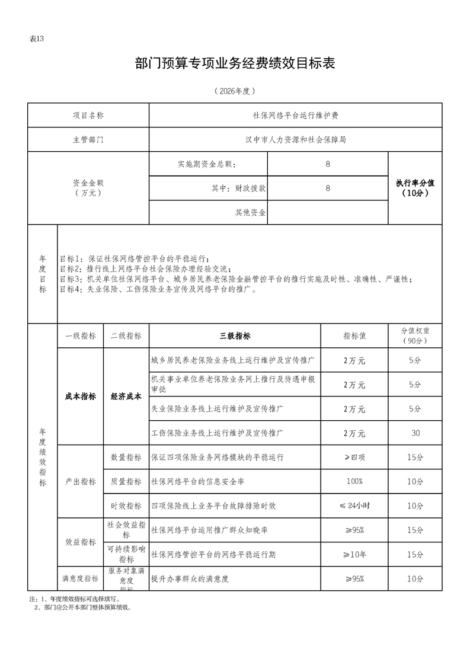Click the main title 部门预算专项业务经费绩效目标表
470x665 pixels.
tap(235, 63)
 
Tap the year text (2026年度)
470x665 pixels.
tap(235, 91)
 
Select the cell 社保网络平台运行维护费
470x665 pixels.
tap(295, 116)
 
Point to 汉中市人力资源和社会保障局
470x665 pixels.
tap(295, 140)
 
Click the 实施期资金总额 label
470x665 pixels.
tap(210, 164)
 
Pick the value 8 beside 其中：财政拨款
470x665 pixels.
tap(328, 188)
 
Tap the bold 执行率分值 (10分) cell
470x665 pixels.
tap(415, 188)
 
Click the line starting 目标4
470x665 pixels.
tap(158, 290)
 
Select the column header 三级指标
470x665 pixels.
tap(235, 336)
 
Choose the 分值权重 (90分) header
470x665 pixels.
tap(415, 336)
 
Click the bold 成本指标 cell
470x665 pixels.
tap(80, 397)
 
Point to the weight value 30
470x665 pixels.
tap(415, 433)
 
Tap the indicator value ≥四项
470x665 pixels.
tap(354, 458)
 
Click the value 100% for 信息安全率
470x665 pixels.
tap(354, 481)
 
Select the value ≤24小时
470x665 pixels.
tap(354, 506)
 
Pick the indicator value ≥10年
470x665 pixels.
tap(354, 555)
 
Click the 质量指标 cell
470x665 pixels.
tap(126, 482)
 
